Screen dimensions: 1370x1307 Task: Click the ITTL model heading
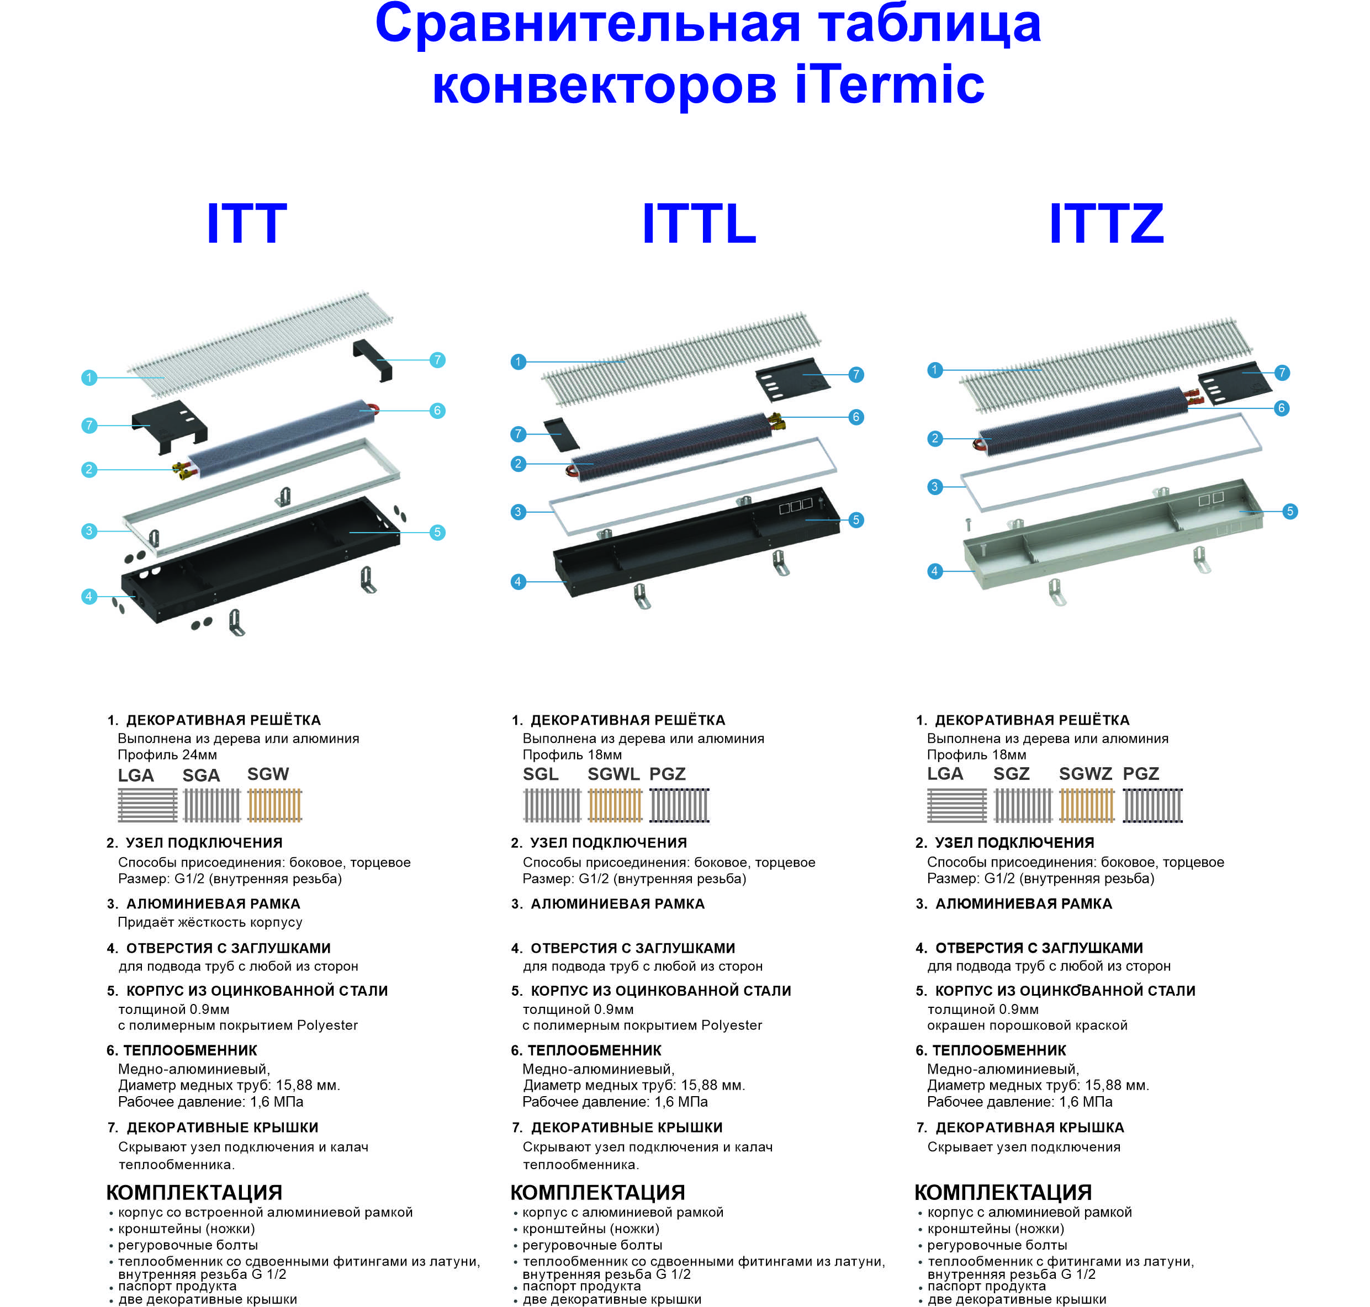[x=699, y=224]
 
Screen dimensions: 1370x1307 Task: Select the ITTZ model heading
[x=1107, y=224]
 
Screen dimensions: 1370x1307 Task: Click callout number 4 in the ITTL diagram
[x=518, y=581]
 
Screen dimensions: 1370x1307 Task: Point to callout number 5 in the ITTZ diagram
[x=1290, y=511]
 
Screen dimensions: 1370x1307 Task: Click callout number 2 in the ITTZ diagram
[x=935, y=438]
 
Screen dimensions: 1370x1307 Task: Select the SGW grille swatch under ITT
[x=275, y=805]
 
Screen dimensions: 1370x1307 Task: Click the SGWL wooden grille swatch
[x=615, y=805]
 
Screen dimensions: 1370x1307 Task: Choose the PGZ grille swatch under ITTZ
[x=1154, y=805]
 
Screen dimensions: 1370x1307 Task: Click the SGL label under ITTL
[x=541, y=774]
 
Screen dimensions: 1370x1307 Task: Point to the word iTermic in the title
[x=890, y=84]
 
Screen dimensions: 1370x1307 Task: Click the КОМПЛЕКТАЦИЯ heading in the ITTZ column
[x=1003, y=1192]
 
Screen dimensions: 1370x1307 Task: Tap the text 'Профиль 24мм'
[x=167, y=755]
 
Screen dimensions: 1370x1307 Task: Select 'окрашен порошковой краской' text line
[x=1027, y=1026]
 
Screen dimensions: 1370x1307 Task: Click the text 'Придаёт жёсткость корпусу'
[x=210, y=922]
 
